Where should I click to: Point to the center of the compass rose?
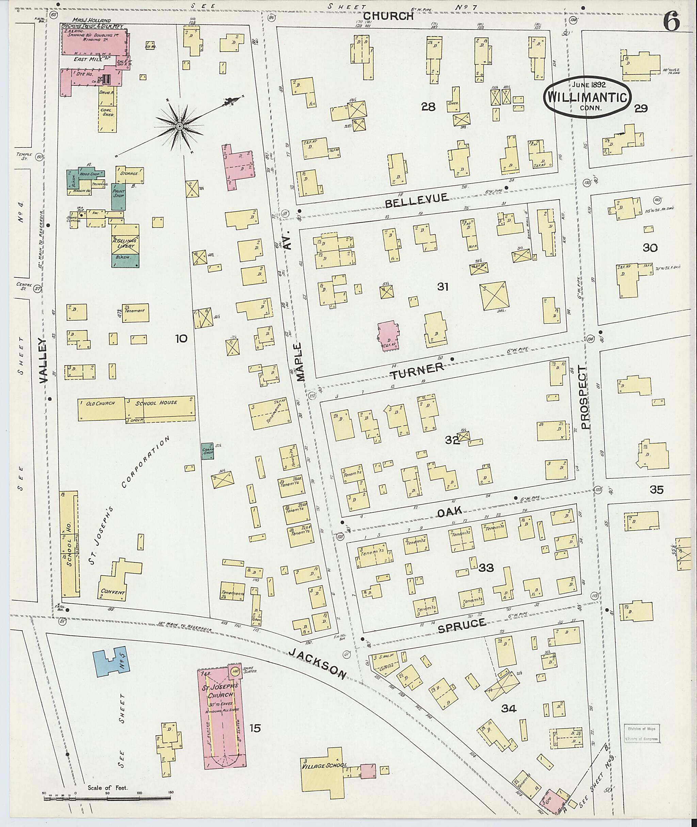tap(179, 127)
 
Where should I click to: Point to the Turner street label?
tap(417, 370)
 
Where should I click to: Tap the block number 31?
tap(442, 287)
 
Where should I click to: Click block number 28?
tap(428, 107)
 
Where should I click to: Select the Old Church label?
tap(100, 403)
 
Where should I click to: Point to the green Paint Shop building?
tap(118, 196)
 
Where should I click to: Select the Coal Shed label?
tap(108, 112)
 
